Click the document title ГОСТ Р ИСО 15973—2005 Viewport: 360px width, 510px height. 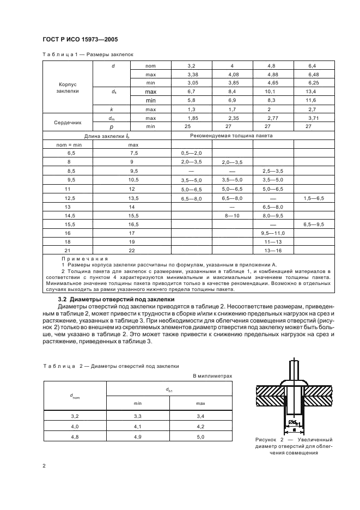coord(80,39)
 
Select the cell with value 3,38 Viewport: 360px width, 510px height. coord(192,74)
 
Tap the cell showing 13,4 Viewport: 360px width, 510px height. coord(313,92)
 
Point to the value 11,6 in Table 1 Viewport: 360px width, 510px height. coord(313,100)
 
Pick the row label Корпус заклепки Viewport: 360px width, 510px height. coord(68,88)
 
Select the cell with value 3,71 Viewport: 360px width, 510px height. coord(313,118)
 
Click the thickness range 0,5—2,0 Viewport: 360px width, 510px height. coord(191,154)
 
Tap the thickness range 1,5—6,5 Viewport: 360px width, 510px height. coord(313,199)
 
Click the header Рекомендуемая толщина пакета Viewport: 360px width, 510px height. coord(231,135)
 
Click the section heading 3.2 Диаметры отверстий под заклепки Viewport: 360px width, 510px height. coord(116,299)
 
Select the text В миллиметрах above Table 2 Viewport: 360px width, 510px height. coord(212,375)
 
